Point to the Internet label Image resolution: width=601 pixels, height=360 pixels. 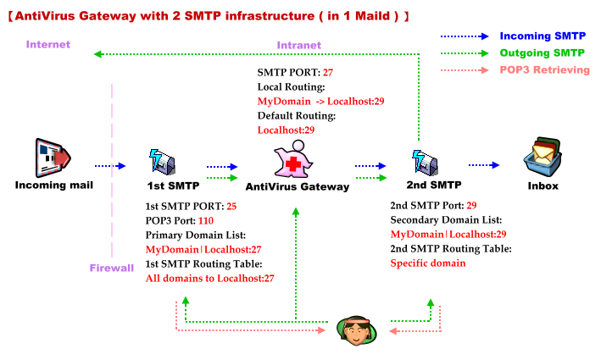pos(48,44)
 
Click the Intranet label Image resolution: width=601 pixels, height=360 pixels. pos(300,44)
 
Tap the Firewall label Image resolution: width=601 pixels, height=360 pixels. pos(112,268)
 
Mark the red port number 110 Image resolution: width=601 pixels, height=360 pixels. pos(206,220)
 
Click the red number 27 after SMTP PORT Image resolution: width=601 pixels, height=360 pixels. pos(328,72)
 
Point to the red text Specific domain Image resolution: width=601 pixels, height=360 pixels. pos(428,263)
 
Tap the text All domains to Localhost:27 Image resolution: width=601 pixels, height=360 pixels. pos(209,278)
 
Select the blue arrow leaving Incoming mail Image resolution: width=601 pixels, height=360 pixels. pos(110,166)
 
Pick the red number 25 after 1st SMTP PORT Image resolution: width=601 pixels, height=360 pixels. pos(231,206)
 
